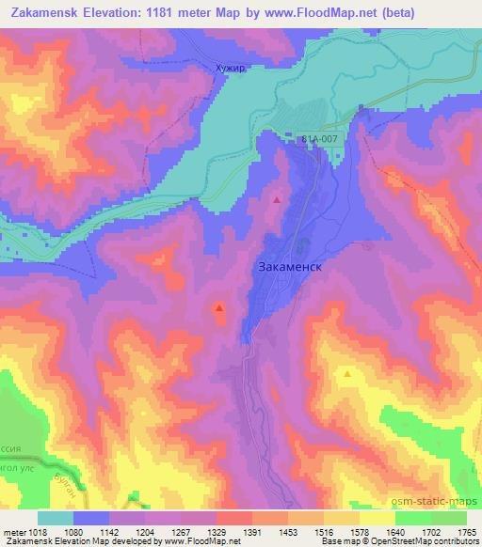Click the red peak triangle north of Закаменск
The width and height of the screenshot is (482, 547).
click(x=276, y=199)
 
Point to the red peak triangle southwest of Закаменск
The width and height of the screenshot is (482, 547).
click(x=219, y=305)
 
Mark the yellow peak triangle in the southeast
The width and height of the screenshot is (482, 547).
click(x=348, y=373)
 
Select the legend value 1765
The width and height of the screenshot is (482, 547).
click(x=468, y=531)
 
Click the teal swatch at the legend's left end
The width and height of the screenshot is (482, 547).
click(x=55, y=518)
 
